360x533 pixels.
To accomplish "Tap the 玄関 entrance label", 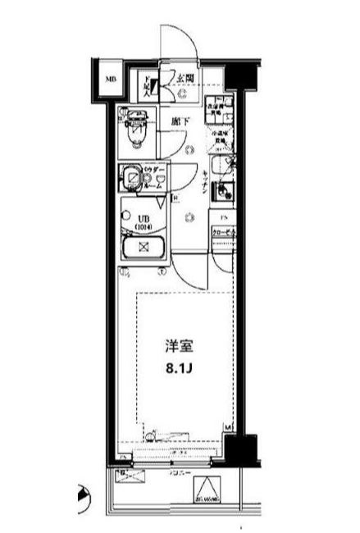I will [x=185, y=79].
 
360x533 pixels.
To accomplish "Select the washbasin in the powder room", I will [x=130, y=177].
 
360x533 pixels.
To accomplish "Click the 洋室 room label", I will [x=175, y=345].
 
